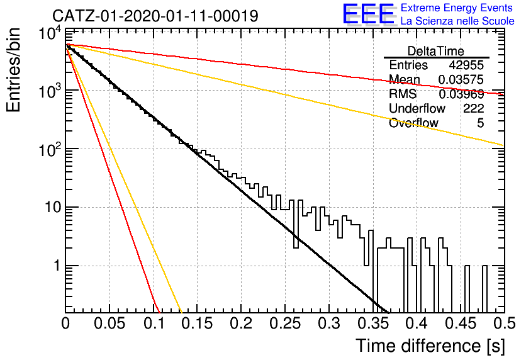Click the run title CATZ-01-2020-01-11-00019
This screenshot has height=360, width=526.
(x=155, y=16)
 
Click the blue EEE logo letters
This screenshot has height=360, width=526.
(x=369, y=14)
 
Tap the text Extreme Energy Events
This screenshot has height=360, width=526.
(x=457, y=8)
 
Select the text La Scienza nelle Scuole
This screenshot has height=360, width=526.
(x=457, y=21)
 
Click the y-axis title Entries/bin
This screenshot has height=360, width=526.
(x=13, y=70)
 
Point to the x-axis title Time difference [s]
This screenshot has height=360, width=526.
(x=430, y=346)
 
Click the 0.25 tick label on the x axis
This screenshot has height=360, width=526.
(x=285, y=323)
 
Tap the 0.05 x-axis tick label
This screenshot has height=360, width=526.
(x=109, y=323)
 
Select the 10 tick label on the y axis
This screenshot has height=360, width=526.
(x=52, y=207)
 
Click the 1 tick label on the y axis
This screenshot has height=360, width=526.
(x=56, y=266)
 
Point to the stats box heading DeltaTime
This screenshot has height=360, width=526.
(x=436, y=51)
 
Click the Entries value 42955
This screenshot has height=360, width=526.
(x=467, y=65)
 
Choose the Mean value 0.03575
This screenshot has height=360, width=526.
(x=461, y=79)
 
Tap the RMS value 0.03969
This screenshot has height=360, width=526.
(x=461, y=94)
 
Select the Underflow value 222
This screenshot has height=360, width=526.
(x=474, y=108)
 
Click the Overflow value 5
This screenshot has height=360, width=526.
(x=480, y=123)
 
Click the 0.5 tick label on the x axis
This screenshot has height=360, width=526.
(x=504, y=323)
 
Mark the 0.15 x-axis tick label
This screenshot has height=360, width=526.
(x=198, y=323)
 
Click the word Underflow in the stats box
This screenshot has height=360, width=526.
(x=417, y=108)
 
